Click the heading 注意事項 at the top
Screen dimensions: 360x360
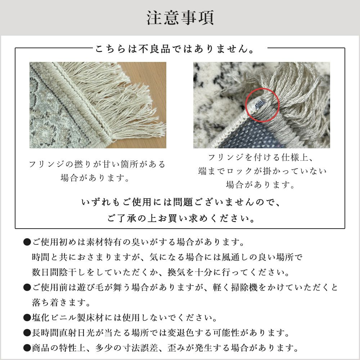tap(180, 18)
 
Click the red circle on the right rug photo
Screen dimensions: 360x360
tap(262, 89)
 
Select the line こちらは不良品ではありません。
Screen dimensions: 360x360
tap(175, 49)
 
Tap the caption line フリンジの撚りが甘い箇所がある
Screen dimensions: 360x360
tap(97, 165)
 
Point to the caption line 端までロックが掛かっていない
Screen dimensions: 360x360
tap(262, 171)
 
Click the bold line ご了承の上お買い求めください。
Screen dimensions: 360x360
tap(181, 218)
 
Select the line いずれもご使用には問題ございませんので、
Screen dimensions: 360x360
tap(181, 202)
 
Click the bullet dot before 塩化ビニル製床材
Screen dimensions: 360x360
tap(27, 318)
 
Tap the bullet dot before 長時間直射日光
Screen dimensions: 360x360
tap(27, 333)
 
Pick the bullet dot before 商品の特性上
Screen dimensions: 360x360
tap(27, 348)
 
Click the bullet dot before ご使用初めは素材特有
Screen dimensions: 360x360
tap(27, 242)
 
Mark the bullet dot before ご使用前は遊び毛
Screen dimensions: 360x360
tap(27, 287)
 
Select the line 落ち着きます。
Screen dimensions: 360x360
tap(61, 303)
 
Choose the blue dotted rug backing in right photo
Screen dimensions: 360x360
tap(248, 135)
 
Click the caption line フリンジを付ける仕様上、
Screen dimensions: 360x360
tap(261, 157)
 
